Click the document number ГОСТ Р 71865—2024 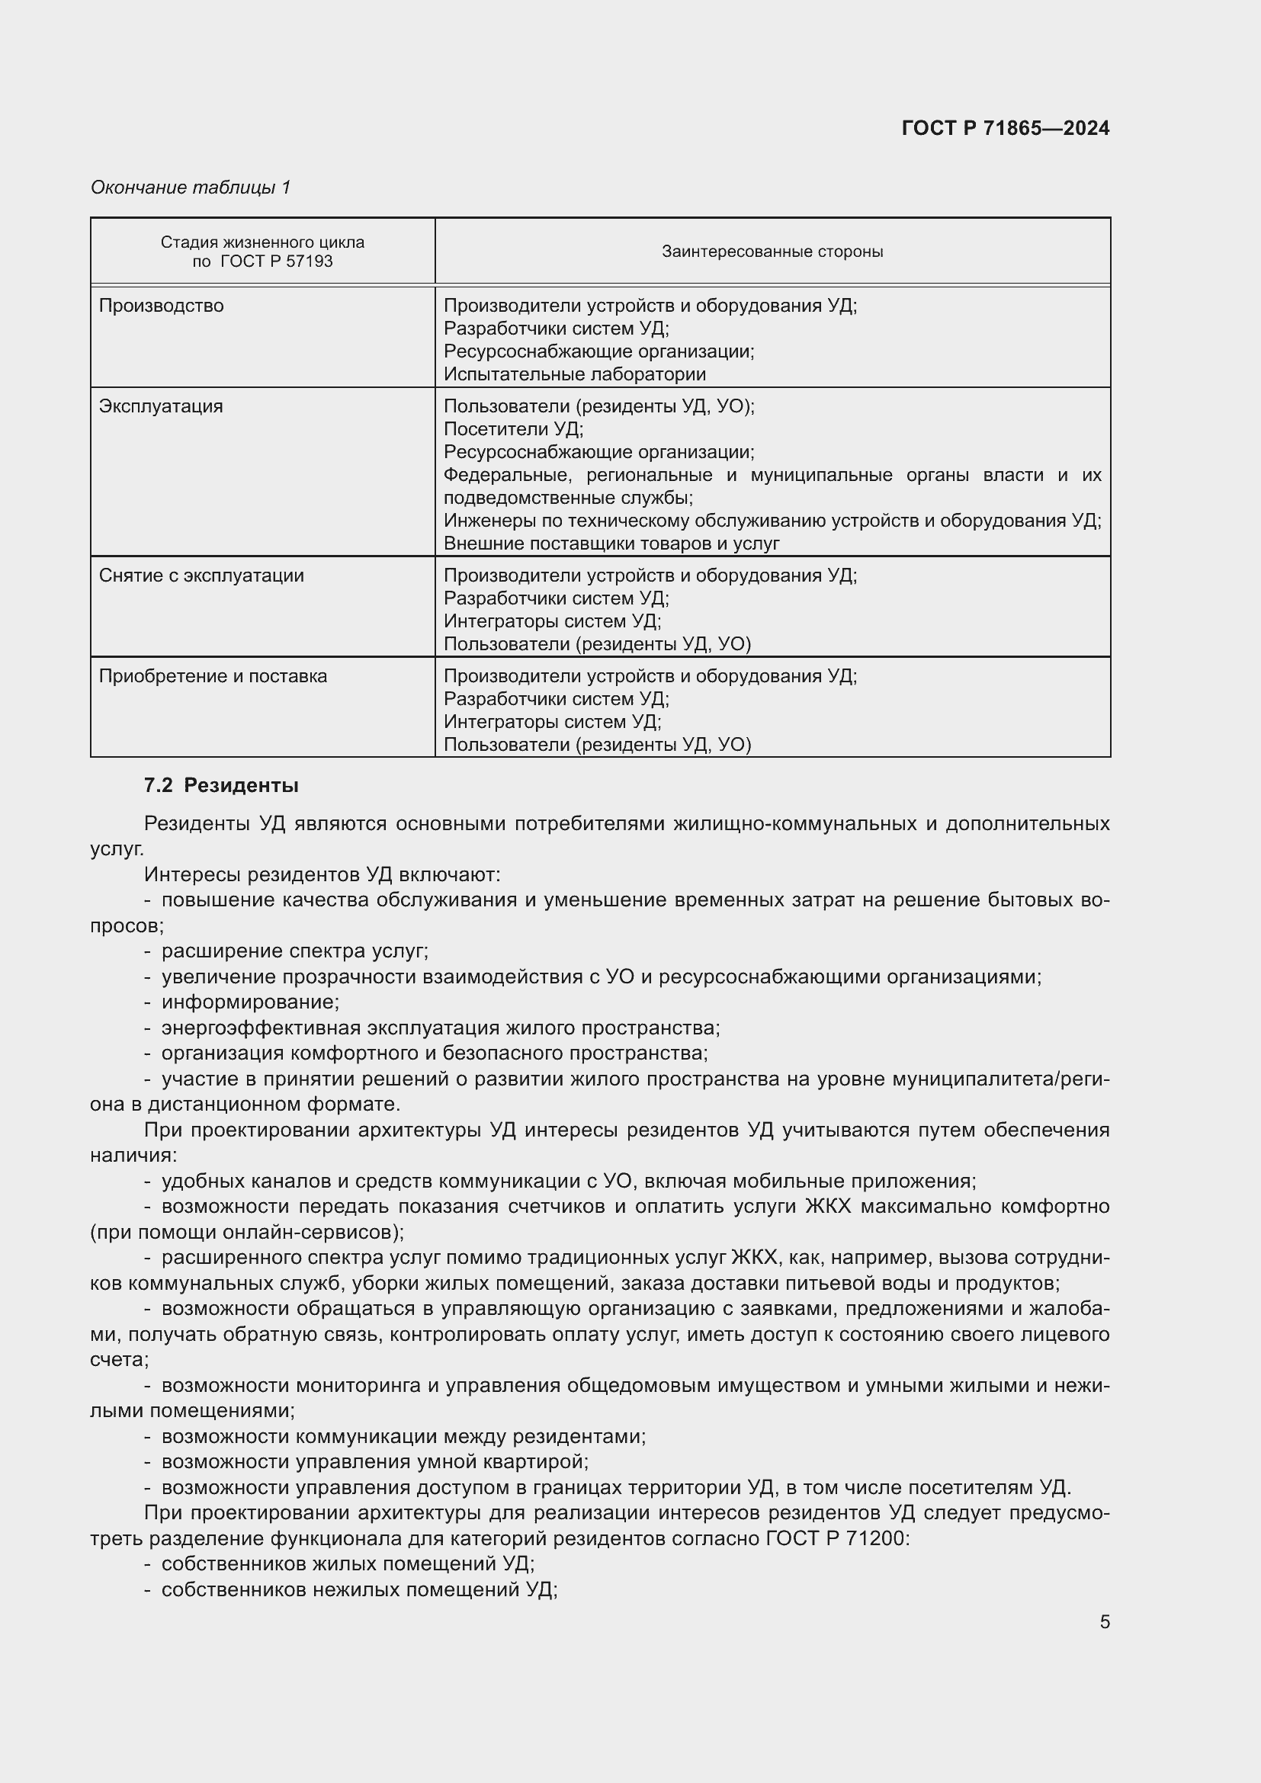pyautogui.click(x=1005, y=128)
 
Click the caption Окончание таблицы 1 pyautogui.click(x=191, y=188)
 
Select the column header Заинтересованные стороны pyautogui.click(x=772, y=252)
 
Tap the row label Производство pyautogui.click(x=161, y=306)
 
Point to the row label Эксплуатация pyautogui.click(x=161, y=406)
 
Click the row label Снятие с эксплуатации pyautogui.click(x=201, y=576)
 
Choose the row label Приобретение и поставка pyautogui.click(x=213, y=676)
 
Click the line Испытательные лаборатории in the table pyautogui.click(x=575, y=374)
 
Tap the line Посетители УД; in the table pyautogui.click(x=513, y=429)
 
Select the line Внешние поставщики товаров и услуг pyautogui.click(x=611, y=544)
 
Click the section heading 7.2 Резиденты pyautogui.click(x=221, y=785)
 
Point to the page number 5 pyautogui.click(x=1104, y=1622)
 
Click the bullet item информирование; pyautogui.click(x=250, y=1002)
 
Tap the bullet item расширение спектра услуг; pyautogui.click(x=294, y=951)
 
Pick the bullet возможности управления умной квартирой pyautogui.click(x=374, y=1461)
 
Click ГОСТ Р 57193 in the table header pyautogui.click(x=277, y=261)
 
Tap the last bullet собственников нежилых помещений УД pyautogui.click(x=360, y=1589)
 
